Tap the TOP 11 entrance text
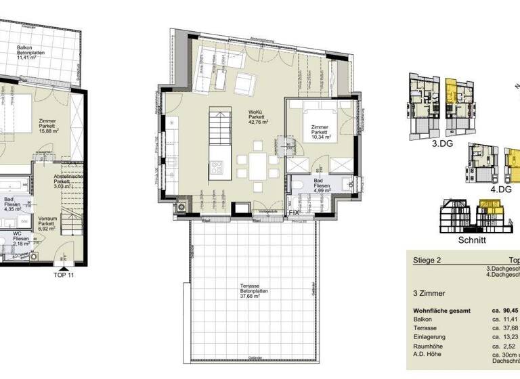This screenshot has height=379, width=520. [63, 275]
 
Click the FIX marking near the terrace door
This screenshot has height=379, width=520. [293, 213]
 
